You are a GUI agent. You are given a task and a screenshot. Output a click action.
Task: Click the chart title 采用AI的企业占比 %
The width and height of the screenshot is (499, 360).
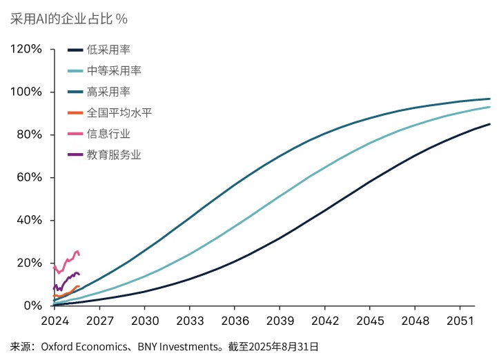pyautogui.click(x=69, y=19)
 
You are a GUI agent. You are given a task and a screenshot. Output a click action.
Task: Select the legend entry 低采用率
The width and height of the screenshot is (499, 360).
pyautogui.click(x=108, y=50)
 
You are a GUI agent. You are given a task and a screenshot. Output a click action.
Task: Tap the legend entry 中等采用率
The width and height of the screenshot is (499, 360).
pyautogui.click(x=114, y=70)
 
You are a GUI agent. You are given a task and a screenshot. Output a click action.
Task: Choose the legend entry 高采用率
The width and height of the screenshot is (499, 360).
pyautogui.click(x=108, y=91)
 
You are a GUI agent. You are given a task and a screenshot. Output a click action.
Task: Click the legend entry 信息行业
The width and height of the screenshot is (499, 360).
pyautogui.click(x=108, y=133)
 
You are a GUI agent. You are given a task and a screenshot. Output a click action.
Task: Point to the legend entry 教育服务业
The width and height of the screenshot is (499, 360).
pyautogui.click(x=114, y=154)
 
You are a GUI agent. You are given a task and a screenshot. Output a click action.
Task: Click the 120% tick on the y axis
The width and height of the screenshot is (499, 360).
pyautogui.click(x=26, y=50)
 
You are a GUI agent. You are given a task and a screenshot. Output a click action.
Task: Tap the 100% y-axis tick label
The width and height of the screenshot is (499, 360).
pyautogui.click(x=26, y=92)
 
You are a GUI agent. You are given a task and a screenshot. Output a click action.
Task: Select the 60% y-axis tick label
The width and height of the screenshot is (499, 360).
pyautogui.click(x=29, y=177)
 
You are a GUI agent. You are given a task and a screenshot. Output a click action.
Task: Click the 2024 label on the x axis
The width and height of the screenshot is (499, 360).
pyautogui.click(x=55, y=321)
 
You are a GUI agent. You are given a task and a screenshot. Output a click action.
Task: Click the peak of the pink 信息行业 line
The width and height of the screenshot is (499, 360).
pyautogui.click(x=77, y=251)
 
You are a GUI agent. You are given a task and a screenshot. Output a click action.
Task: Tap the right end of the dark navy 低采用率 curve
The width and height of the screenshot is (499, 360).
pyautogui.click(x=489, y=124)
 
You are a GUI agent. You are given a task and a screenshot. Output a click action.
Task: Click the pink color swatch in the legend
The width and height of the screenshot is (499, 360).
pyautogui.click(x=75, y=133)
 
